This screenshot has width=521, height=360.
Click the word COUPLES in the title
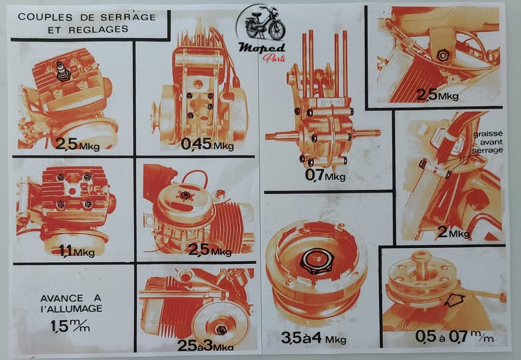45,17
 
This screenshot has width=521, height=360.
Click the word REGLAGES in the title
98,29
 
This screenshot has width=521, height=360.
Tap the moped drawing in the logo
265,27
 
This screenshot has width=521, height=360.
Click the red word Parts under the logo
274,58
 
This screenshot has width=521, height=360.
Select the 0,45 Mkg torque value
207,145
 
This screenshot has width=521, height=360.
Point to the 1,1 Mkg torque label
77,251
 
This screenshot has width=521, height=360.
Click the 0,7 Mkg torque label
325,175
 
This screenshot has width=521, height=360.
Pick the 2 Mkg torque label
453,232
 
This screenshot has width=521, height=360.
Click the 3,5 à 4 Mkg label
314,339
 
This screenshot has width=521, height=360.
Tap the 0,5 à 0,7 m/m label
454,337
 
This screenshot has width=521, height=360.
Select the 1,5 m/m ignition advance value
70,326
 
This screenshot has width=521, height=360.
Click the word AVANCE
57,298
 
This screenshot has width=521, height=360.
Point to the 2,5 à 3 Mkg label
205,345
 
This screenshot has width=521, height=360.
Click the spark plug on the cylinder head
63,71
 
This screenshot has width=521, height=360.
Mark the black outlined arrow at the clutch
454,300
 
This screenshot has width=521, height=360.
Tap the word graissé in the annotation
488,135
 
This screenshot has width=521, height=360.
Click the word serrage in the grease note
487,150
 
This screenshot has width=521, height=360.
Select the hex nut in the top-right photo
442,55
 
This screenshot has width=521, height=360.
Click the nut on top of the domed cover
183,195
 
